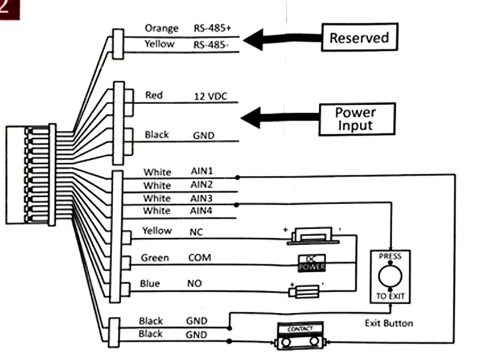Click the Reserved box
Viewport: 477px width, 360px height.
(360, 37)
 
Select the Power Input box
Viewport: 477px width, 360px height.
(357, 119)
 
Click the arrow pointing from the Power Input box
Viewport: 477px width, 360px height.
(280, 117)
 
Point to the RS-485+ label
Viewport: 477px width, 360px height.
(212, 28)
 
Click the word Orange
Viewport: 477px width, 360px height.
(162, 28)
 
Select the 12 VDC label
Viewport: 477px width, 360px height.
(211, 97)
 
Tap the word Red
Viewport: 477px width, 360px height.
(154, 95)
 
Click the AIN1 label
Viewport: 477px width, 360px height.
(202, 171)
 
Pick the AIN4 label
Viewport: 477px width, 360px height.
(201, 210)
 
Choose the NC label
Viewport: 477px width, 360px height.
(196, 232)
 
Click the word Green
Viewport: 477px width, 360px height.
(155, 258)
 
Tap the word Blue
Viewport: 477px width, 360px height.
(150, 283)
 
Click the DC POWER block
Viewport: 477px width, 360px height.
(311, 263)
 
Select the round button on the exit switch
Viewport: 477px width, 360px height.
(390, 276)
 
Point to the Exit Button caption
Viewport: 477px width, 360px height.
(389, 323)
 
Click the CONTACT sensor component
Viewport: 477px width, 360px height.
(300, 336)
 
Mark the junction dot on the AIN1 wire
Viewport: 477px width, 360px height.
(237, 177)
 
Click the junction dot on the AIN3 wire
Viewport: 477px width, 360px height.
(236, 205)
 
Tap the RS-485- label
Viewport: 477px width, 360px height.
(211, 45)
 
